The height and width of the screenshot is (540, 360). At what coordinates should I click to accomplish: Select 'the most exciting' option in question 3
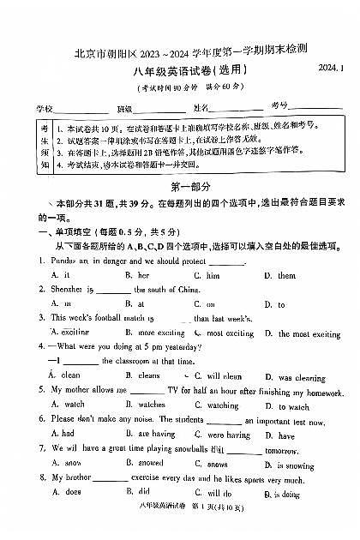[308, 333]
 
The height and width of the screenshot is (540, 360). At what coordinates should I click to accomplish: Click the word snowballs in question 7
[185, 449]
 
